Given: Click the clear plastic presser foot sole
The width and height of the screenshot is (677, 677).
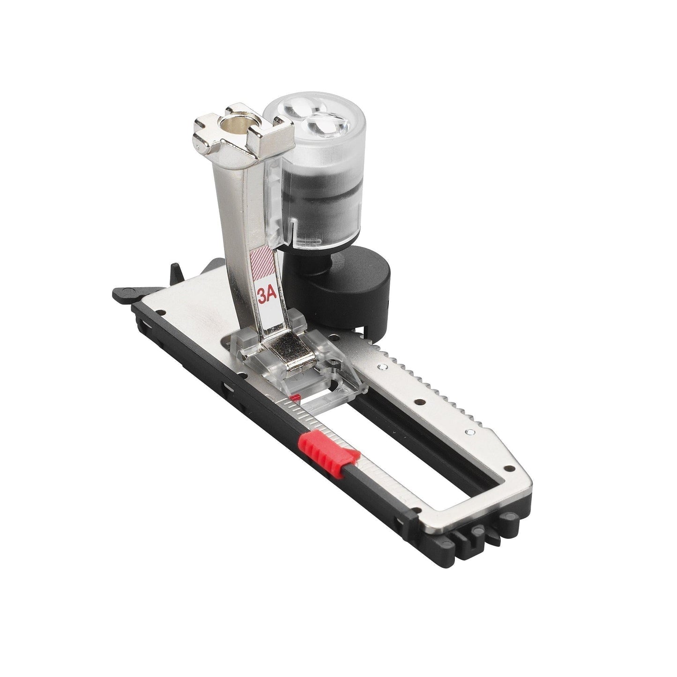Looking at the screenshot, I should pyautogui.click(x=300, y=361).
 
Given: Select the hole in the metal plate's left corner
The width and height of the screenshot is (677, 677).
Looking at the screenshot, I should pyautogui.click(x=159, y=312).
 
